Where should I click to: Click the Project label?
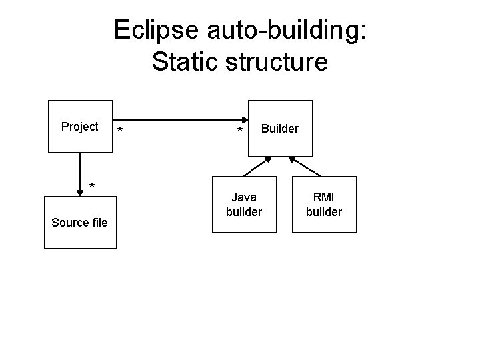point(79,127)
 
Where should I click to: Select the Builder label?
point(280,128)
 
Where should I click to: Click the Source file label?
point(79,222)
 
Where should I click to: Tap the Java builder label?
point(244,204)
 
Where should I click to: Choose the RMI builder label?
point(324,204)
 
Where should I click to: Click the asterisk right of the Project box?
point(119,129)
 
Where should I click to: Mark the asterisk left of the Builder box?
point(240,131)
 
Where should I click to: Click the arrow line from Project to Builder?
point(180,121)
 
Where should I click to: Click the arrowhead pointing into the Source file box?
point(80,193)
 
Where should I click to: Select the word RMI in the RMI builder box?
point(324,197)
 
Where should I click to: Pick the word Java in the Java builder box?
point(244,197)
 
